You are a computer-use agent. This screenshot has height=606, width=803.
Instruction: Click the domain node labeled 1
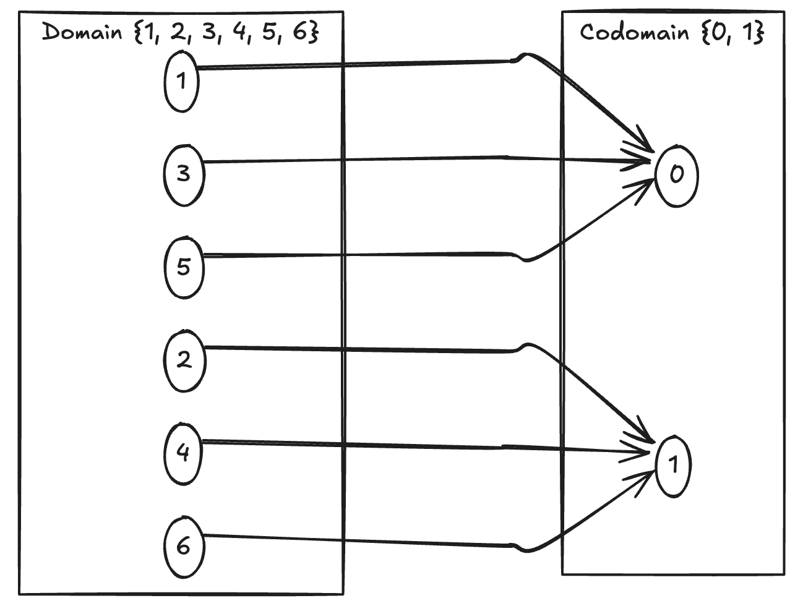181,81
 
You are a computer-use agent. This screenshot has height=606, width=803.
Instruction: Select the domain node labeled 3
184,174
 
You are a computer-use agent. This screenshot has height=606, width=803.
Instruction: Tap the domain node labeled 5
184,267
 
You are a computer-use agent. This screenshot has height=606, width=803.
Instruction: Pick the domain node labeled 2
184,361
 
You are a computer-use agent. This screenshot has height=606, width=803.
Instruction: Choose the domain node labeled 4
183,453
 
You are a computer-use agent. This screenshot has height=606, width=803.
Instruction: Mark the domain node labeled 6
184,547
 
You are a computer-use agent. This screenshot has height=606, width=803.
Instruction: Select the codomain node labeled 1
673,465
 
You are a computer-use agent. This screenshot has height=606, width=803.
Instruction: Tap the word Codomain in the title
634,32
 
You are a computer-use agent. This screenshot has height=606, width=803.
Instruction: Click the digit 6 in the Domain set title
299,33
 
